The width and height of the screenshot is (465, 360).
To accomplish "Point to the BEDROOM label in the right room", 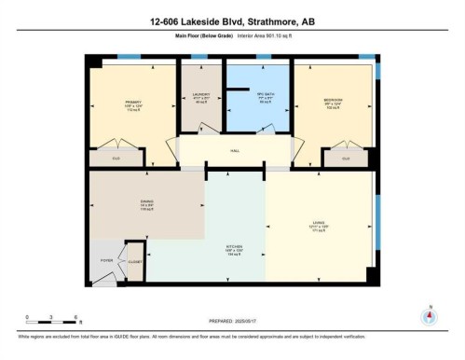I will coord(333,100).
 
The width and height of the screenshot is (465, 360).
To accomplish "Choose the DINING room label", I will coord(146,200).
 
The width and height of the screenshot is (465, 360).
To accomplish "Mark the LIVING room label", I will coord(319,223).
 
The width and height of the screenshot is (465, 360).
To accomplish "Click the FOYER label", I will coord(106,261).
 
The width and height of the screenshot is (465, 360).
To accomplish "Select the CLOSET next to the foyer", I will coord(134,262).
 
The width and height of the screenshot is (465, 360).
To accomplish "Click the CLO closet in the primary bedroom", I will coord(116,159).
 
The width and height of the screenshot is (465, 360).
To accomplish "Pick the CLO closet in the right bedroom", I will coord(346,159).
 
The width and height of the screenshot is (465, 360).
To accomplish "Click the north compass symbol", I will coord(430,315).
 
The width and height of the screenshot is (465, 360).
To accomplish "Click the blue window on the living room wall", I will coord(376,224).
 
